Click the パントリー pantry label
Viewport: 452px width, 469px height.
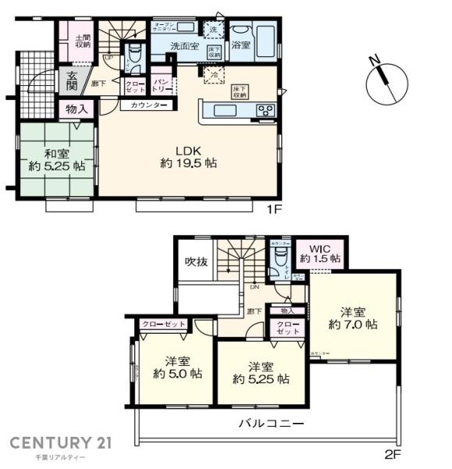pos(162,83)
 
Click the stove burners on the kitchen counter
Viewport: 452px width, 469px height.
pos(263,109)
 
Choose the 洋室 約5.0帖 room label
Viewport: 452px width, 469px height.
pos(177,367)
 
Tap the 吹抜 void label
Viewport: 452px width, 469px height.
pos(196,262)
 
